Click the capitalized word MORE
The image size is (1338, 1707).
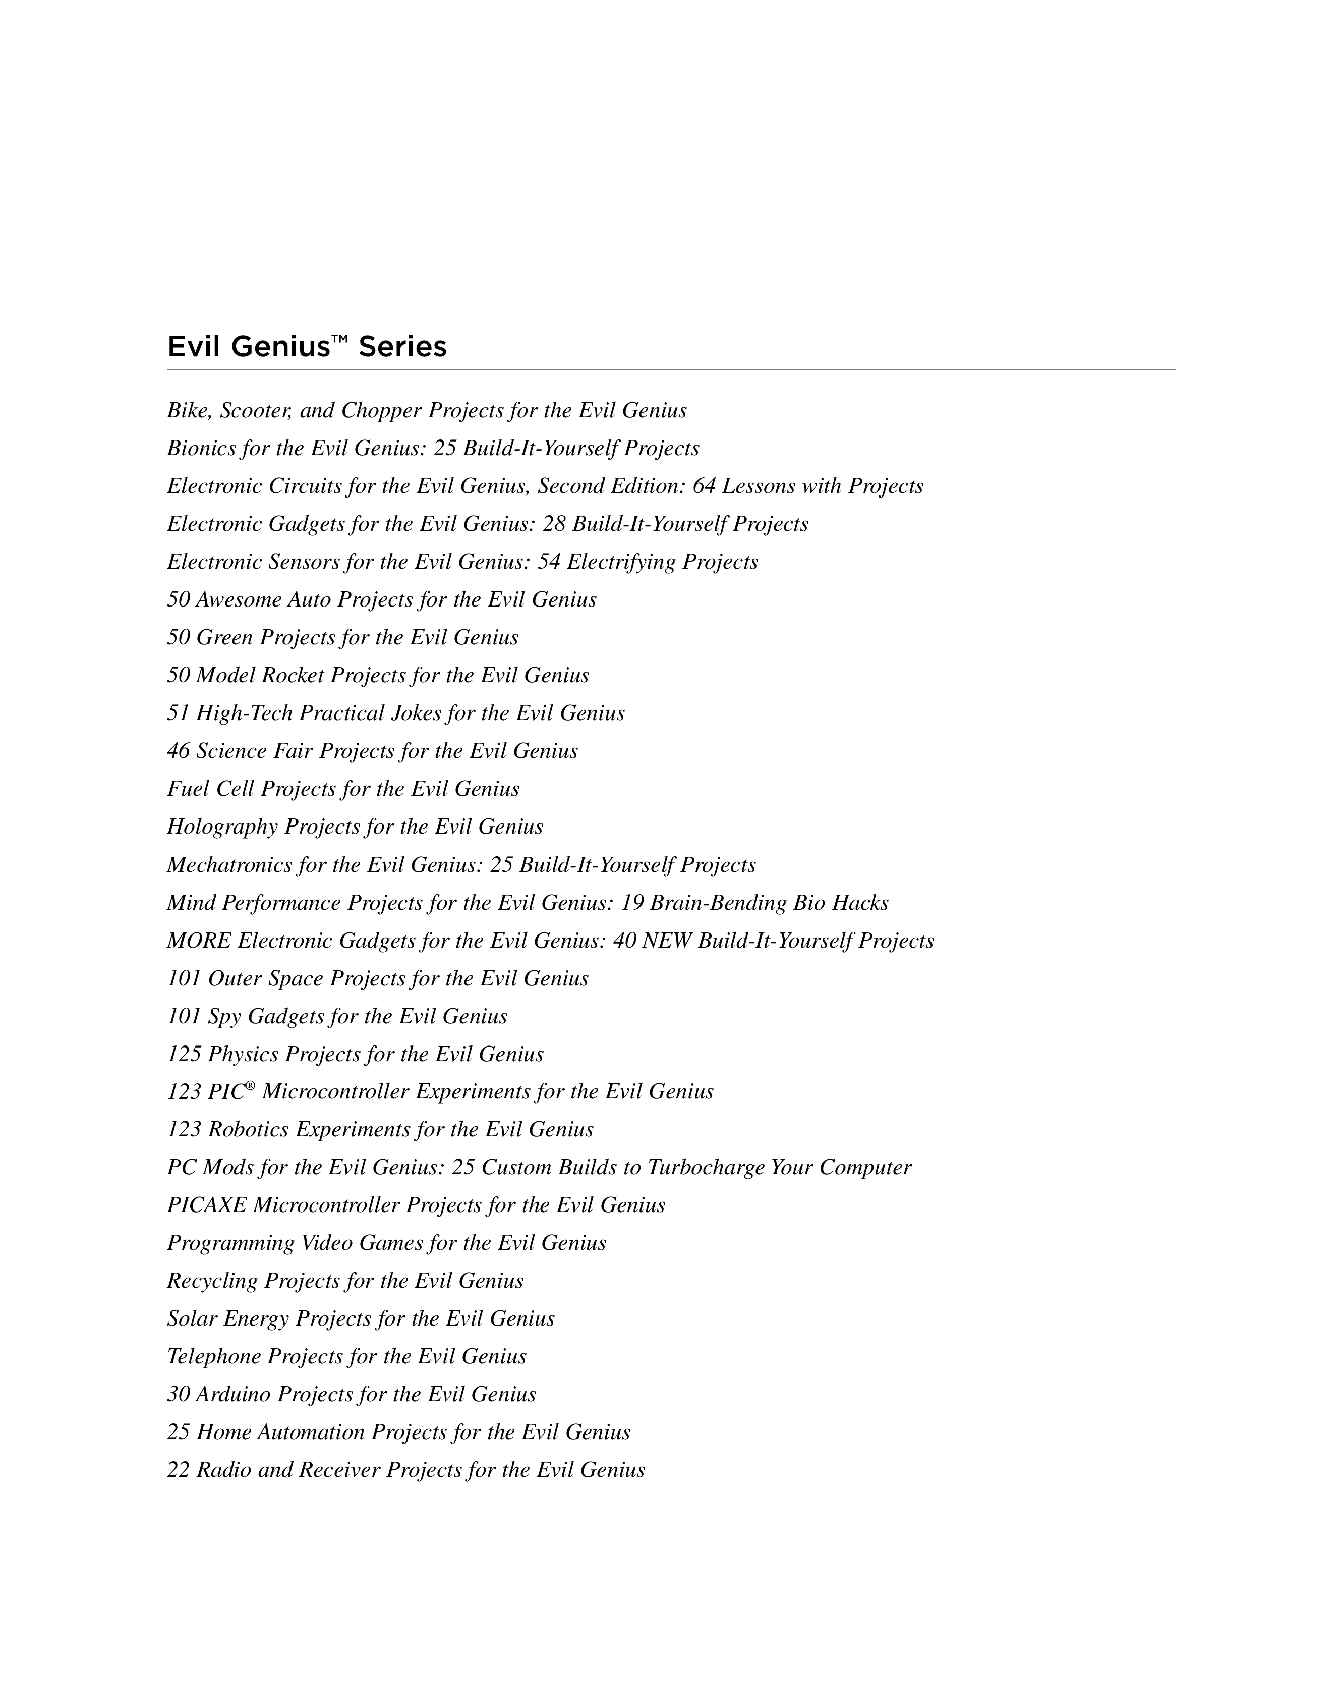click(x=199, y=941)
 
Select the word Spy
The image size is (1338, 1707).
click(x=224, y=1017)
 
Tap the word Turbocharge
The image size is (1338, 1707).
click(x=706, y=1167)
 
